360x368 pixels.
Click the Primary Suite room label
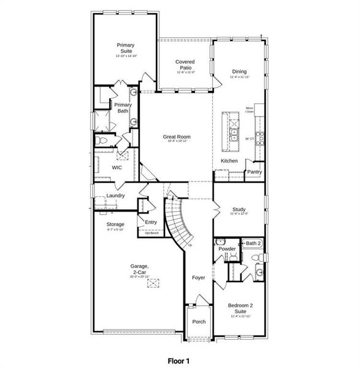click(x=125, y=48)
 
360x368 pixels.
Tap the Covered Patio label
click(x=185, y=64)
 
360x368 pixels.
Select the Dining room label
click(x=239, y=71)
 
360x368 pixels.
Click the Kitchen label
click(x=229, y=161)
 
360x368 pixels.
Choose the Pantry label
click(x=255, y=172)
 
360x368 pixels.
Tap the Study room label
click(x=239, y=209)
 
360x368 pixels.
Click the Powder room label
click(x=226, y=248)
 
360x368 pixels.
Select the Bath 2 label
click(x=253, y=243)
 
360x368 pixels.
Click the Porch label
click(x=199, y=321)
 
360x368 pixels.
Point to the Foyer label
click(x=199, y=277)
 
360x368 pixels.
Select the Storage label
click(x=116, y=224)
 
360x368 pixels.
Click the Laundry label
click(x=115, y=196)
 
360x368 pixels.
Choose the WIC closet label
click(x=117, y=167)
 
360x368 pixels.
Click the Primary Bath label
click(x=123, y=107)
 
